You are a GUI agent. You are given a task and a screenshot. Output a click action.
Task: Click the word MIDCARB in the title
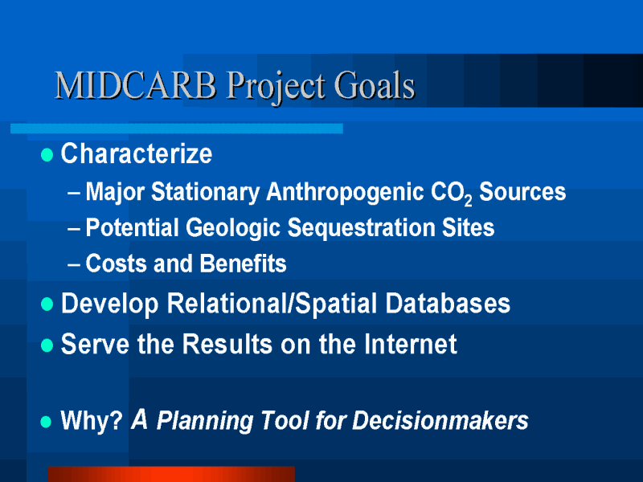click(x=136, y=85)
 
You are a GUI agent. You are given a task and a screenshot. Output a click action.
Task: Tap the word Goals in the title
click(x=375, y=85)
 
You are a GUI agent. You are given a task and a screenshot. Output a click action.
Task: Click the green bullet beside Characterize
click(x=47, y=155)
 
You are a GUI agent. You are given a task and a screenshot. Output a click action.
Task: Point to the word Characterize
click(x=137, y=153)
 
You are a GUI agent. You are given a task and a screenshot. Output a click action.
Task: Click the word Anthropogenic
click(x=345, y=192)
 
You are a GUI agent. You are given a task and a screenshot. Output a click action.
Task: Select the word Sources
click(x=522, y=191)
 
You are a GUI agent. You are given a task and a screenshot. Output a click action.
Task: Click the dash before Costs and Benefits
click(x=74, y=264)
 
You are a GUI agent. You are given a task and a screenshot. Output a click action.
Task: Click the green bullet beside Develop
click(x=47, y=304)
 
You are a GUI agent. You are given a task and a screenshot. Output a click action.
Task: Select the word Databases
click(x=448, y=304)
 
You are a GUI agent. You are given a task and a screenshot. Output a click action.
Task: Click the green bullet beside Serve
click(x=47, y=345)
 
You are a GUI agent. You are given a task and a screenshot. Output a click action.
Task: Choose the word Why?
click(x=92, y=420)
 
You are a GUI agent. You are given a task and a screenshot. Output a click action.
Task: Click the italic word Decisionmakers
click(x=440, y=420)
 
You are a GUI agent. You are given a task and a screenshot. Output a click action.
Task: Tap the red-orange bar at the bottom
click(x=171, y=474)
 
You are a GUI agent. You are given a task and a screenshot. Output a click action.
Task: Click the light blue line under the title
click(x=177, y=129)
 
